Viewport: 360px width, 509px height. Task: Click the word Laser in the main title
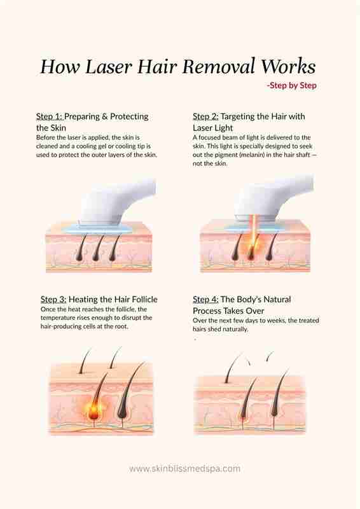109,67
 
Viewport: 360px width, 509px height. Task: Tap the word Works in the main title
289,67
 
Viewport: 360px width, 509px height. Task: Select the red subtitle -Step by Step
291,86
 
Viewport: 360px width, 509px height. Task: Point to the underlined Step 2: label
205,116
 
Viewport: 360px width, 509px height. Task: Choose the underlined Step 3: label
53,299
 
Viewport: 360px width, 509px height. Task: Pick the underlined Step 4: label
205,299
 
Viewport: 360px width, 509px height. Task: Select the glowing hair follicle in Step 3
94,410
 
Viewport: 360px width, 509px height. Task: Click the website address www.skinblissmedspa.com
184,469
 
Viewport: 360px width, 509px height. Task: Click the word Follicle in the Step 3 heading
142,299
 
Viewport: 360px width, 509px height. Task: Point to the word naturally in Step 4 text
235,329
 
